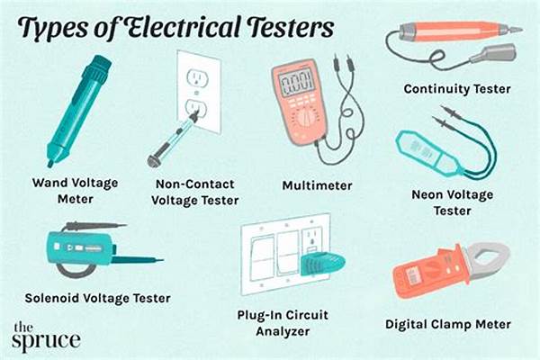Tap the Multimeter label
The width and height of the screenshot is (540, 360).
pos(317,185)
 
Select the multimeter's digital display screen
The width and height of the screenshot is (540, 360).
pos(297,83)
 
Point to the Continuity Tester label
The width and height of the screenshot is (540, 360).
pos(457,89)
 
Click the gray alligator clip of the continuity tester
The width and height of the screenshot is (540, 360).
pos(493,53)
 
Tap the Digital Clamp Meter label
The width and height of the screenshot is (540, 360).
pos(447,324)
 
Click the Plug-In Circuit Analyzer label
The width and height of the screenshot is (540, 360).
pos(283,323)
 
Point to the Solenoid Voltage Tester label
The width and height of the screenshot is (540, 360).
pos(97,298)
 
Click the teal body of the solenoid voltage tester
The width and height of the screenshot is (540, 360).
pos(80,248)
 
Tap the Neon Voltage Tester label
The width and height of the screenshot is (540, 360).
pos(452,202)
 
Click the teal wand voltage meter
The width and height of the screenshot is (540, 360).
pos(79,110)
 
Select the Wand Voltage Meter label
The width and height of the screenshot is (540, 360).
pos(75,191)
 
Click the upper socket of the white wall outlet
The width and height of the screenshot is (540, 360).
pos(197,78)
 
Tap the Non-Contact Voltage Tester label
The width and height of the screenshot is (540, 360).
pos(195,193)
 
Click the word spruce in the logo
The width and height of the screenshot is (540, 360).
pos(46,341)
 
